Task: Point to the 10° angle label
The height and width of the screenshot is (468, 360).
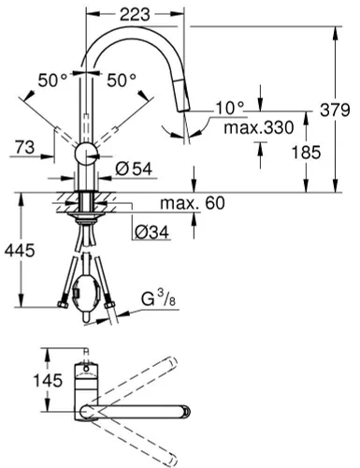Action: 227,108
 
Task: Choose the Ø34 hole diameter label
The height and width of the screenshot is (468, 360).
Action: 150,230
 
